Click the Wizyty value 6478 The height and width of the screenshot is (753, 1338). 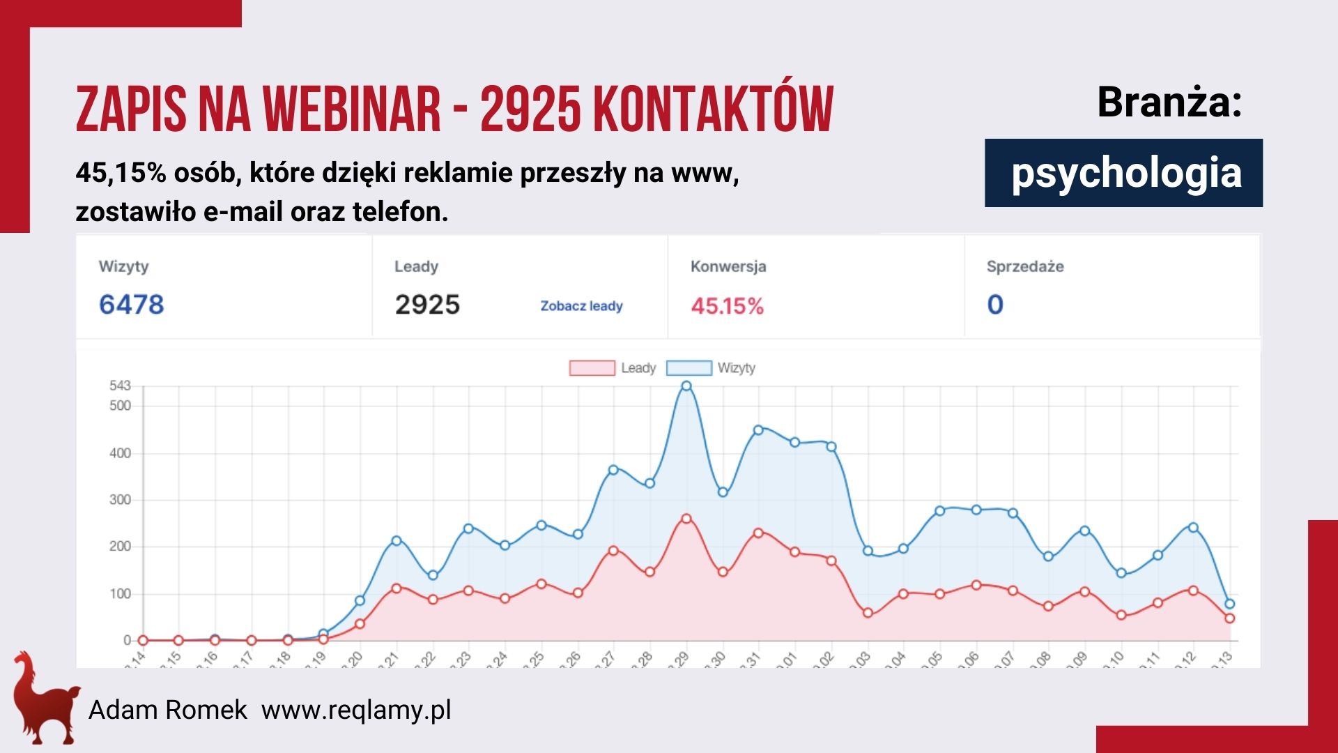[131, 305]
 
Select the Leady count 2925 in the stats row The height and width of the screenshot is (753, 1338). [427, 305]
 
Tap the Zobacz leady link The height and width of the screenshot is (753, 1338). [581, 306]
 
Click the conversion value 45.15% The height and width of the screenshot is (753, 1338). [727, 306]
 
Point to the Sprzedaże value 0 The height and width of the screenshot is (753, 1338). [995, 305]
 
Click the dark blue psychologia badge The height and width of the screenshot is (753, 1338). [1123, 173]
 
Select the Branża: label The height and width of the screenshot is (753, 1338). [1169, 102]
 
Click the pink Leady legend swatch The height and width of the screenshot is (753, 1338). [592, 368]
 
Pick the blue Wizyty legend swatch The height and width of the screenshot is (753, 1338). [689, 368]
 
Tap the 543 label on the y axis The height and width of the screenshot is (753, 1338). [120, 386]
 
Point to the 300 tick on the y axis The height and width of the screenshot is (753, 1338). [120, 500]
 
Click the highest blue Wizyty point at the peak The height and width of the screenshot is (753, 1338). [686, 386]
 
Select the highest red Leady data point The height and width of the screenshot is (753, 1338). [686, 519]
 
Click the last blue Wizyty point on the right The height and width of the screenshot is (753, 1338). [1229, 604]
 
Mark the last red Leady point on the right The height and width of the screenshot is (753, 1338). [1229, 618]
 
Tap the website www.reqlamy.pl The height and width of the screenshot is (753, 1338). [356, 710]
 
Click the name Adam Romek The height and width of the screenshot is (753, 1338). [167, 710]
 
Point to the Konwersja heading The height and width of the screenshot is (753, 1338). [728, 266]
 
